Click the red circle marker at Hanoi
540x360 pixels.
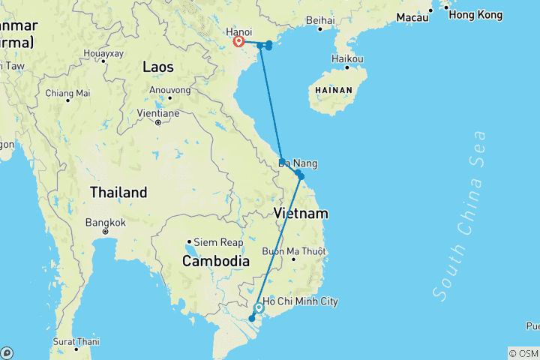239,42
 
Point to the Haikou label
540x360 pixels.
348,58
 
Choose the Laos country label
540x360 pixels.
158,67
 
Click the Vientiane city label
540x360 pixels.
157,113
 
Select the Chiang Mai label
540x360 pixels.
67,93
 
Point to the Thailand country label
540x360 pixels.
118,193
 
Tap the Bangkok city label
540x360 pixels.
105,223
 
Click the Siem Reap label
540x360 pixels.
218,242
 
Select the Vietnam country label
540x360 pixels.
301,214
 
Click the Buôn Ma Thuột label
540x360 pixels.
293,250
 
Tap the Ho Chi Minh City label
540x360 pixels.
300,301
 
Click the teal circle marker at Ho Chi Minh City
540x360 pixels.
259,308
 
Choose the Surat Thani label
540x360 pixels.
76,341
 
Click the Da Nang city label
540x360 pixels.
298,163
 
